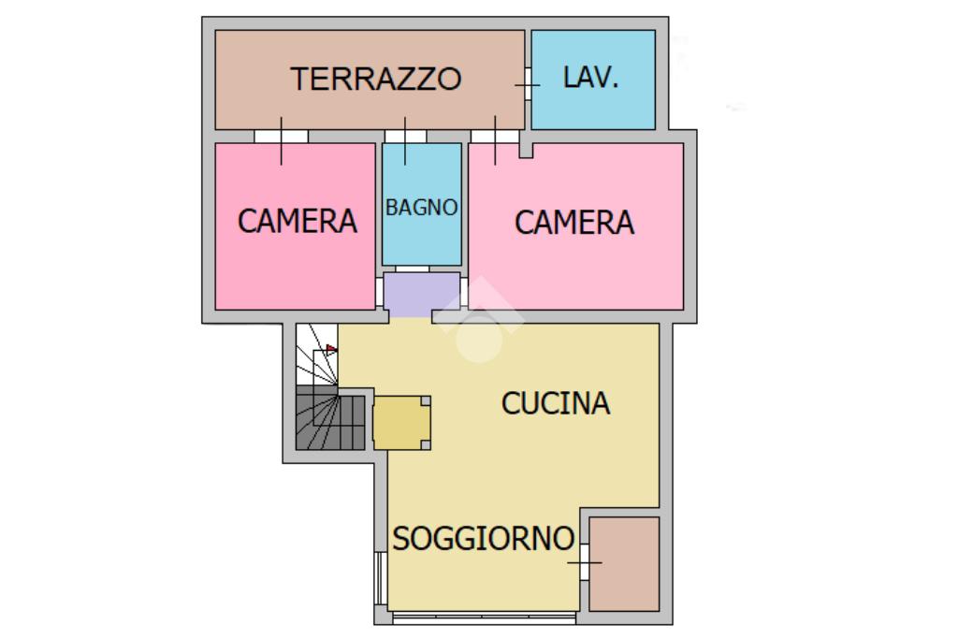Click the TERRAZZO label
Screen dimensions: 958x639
376,79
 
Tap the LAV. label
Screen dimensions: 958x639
591,78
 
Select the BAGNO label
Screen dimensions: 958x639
422,208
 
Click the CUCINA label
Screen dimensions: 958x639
556,403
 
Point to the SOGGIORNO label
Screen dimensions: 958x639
484,539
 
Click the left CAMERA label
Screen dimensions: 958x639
298,221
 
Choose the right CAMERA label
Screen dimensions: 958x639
574,223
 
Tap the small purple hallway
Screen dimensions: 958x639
422,295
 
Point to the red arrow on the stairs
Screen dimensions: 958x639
331,349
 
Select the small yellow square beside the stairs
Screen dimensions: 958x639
401,422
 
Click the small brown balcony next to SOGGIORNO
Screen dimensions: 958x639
624,564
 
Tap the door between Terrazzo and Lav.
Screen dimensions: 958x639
528,85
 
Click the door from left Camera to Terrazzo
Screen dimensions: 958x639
281,137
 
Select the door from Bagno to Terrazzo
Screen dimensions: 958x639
405,137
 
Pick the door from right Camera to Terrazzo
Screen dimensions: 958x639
495,137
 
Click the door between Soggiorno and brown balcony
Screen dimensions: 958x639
585,562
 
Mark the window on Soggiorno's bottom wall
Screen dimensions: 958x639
484,617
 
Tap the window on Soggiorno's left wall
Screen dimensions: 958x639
381,578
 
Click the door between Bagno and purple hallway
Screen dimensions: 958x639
412,269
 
